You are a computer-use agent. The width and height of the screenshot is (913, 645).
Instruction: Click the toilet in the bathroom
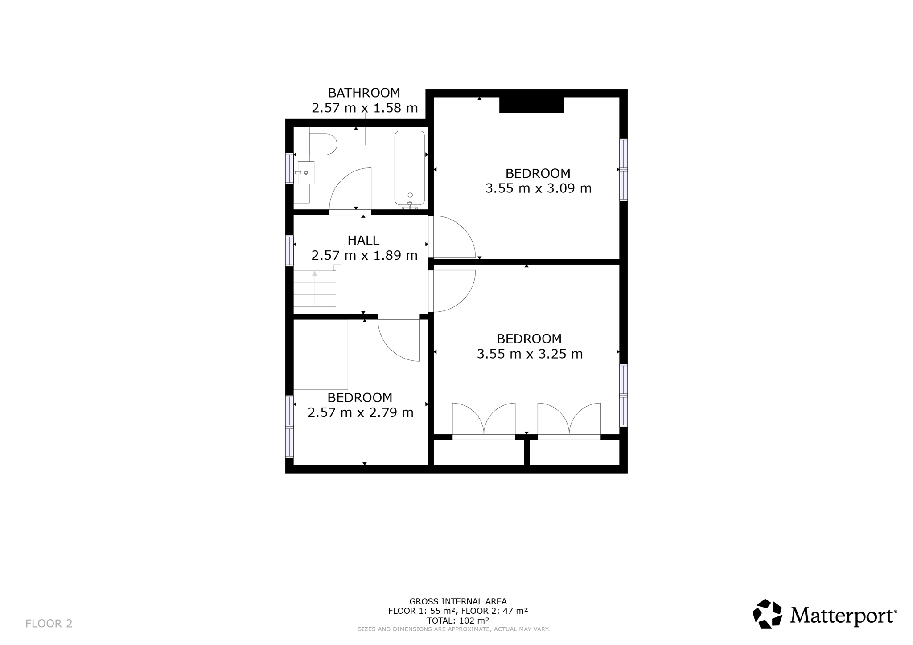point(323,144)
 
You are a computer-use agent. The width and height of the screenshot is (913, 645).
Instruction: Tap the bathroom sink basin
point(306,172)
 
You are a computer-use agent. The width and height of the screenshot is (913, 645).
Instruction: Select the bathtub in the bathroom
point(410,167)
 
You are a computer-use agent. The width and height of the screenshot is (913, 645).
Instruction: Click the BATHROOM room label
point(364,93)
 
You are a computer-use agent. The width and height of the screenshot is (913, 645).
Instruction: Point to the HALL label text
point(364,240)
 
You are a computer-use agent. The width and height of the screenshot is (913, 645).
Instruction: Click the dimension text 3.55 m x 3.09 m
point(539,188)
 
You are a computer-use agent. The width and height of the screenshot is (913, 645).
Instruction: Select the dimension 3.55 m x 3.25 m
point(530,354)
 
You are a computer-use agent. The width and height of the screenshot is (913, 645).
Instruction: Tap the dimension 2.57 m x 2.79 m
point(361,413)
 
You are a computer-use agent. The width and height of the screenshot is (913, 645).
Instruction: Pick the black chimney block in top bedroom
point(532,105)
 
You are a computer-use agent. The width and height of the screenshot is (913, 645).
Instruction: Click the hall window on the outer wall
point(289,251)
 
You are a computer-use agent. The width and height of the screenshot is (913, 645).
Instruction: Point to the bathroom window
point(289,168)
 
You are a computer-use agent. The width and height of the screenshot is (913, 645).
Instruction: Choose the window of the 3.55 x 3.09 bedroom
point(624,170)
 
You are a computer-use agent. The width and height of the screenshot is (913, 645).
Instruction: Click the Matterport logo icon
point(767,614)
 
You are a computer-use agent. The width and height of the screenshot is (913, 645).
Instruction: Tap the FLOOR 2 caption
point(49,623)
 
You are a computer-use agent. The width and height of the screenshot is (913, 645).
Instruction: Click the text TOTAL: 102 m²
point(458,621)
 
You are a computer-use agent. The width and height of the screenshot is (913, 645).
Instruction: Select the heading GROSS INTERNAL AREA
point(458,602)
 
